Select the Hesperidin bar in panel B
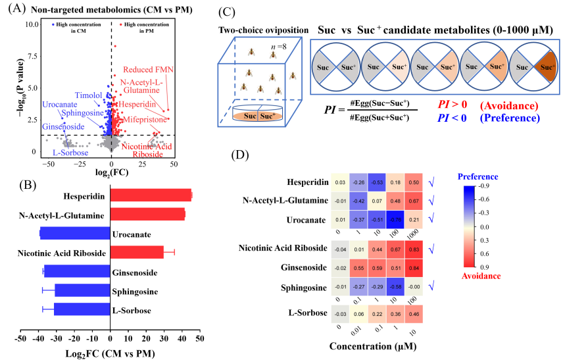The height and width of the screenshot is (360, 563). [x=151, y=195]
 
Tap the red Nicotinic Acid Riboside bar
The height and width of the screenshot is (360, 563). [x=137, y=252]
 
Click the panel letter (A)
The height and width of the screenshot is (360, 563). [x=14, y=9]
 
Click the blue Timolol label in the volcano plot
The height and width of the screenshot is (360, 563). [x=88, y=95]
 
